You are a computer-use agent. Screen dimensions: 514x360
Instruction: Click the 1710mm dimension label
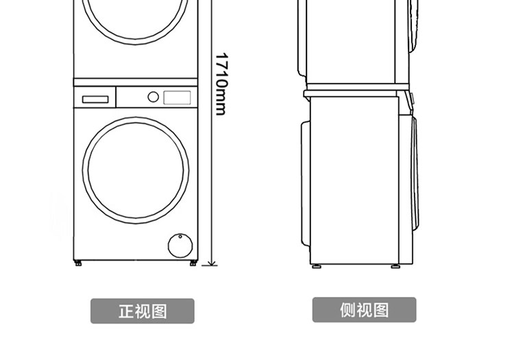220,84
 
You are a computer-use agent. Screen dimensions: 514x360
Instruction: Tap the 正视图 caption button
143,311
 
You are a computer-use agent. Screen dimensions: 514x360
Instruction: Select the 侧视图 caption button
364,310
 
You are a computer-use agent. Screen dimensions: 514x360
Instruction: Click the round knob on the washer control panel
154,97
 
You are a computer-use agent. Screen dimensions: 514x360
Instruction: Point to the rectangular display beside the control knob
177,97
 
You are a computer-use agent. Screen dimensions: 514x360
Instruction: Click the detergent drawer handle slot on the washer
95,99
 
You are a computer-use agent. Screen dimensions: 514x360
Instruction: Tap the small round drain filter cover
179,244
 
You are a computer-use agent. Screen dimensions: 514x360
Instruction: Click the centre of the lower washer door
136,169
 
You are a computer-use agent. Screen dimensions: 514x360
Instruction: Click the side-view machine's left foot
317,266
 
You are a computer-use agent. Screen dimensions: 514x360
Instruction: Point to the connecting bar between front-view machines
136,82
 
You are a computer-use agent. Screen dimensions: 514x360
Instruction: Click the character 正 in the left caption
126,311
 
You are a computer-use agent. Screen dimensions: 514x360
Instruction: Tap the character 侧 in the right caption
347,310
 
